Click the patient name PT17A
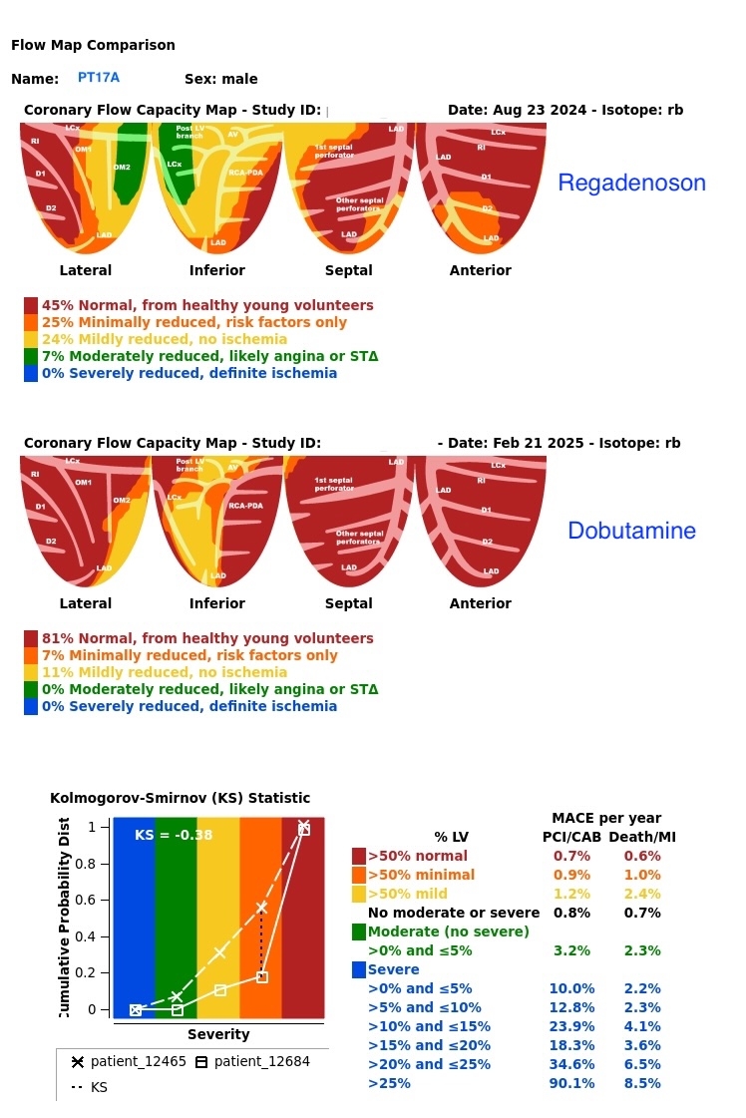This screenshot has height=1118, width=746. (x=99, y=78)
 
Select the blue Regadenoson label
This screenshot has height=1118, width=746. (x=631, y=184)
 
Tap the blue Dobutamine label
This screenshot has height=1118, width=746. (x=631, y=531)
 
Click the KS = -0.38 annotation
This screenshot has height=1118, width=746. (x=174, y=835)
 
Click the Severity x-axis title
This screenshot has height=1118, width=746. (x=218, y=1035)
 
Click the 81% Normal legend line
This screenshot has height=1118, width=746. (x=207, y=639)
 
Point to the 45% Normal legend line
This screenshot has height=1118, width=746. (x=207, y=306)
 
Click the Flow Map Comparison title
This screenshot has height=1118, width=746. (x=93, y=45)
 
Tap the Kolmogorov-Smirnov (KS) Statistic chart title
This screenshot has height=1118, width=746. (x=180, y=798)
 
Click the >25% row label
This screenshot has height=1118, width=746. (x=389, y=1083)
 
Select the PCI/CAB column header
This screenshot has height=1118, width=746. (x=571, y=837)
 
